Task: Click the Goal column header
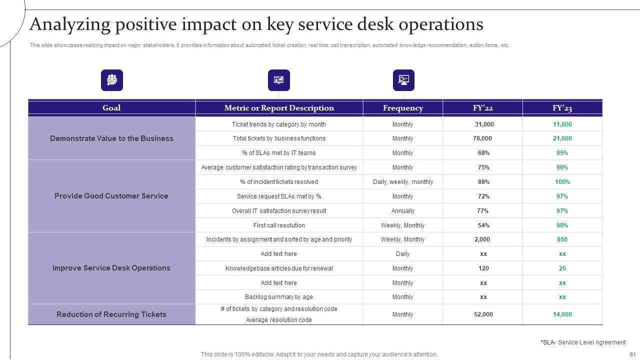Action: click(x=111, y=108)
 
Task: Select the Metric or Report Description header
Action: click(x=279, y=108)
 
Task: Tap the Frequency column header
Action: click(x=402, y=108)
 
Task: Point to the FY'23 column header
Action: click(x=562, y=108)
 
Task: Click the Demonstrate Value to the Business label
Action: click(x=111, y=138)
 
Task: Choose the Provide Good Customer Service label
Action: click(x=111, y=196)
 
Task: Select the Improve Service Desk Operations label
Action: click(x=111, y=268)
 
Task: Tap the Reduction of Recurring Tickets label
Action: click(x=111, y=314)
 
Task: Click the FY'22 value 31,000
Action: click(x=484, y=124)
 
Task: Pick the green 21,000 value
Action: click(x=562, y=138)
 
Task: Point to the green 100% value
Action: click(x=562, y=182)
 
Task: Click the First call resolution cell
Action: click(x=279, y=225)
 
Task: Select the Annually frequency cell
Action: click(x=402, y=211)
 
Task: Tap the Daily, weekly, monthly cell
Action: click(x=402, y=182)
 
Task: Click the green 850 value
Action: click(x=562, y=239)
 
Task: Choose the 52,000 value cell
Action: click(x=483, y=314)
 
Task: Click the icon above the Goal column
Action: click(x=112, y=80)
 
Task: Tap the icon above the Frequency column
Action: click(x=403, y=80)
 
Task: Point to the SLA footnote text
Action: click(x=582, y=342)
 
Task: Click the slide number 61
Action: click(x=632, y=354)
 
